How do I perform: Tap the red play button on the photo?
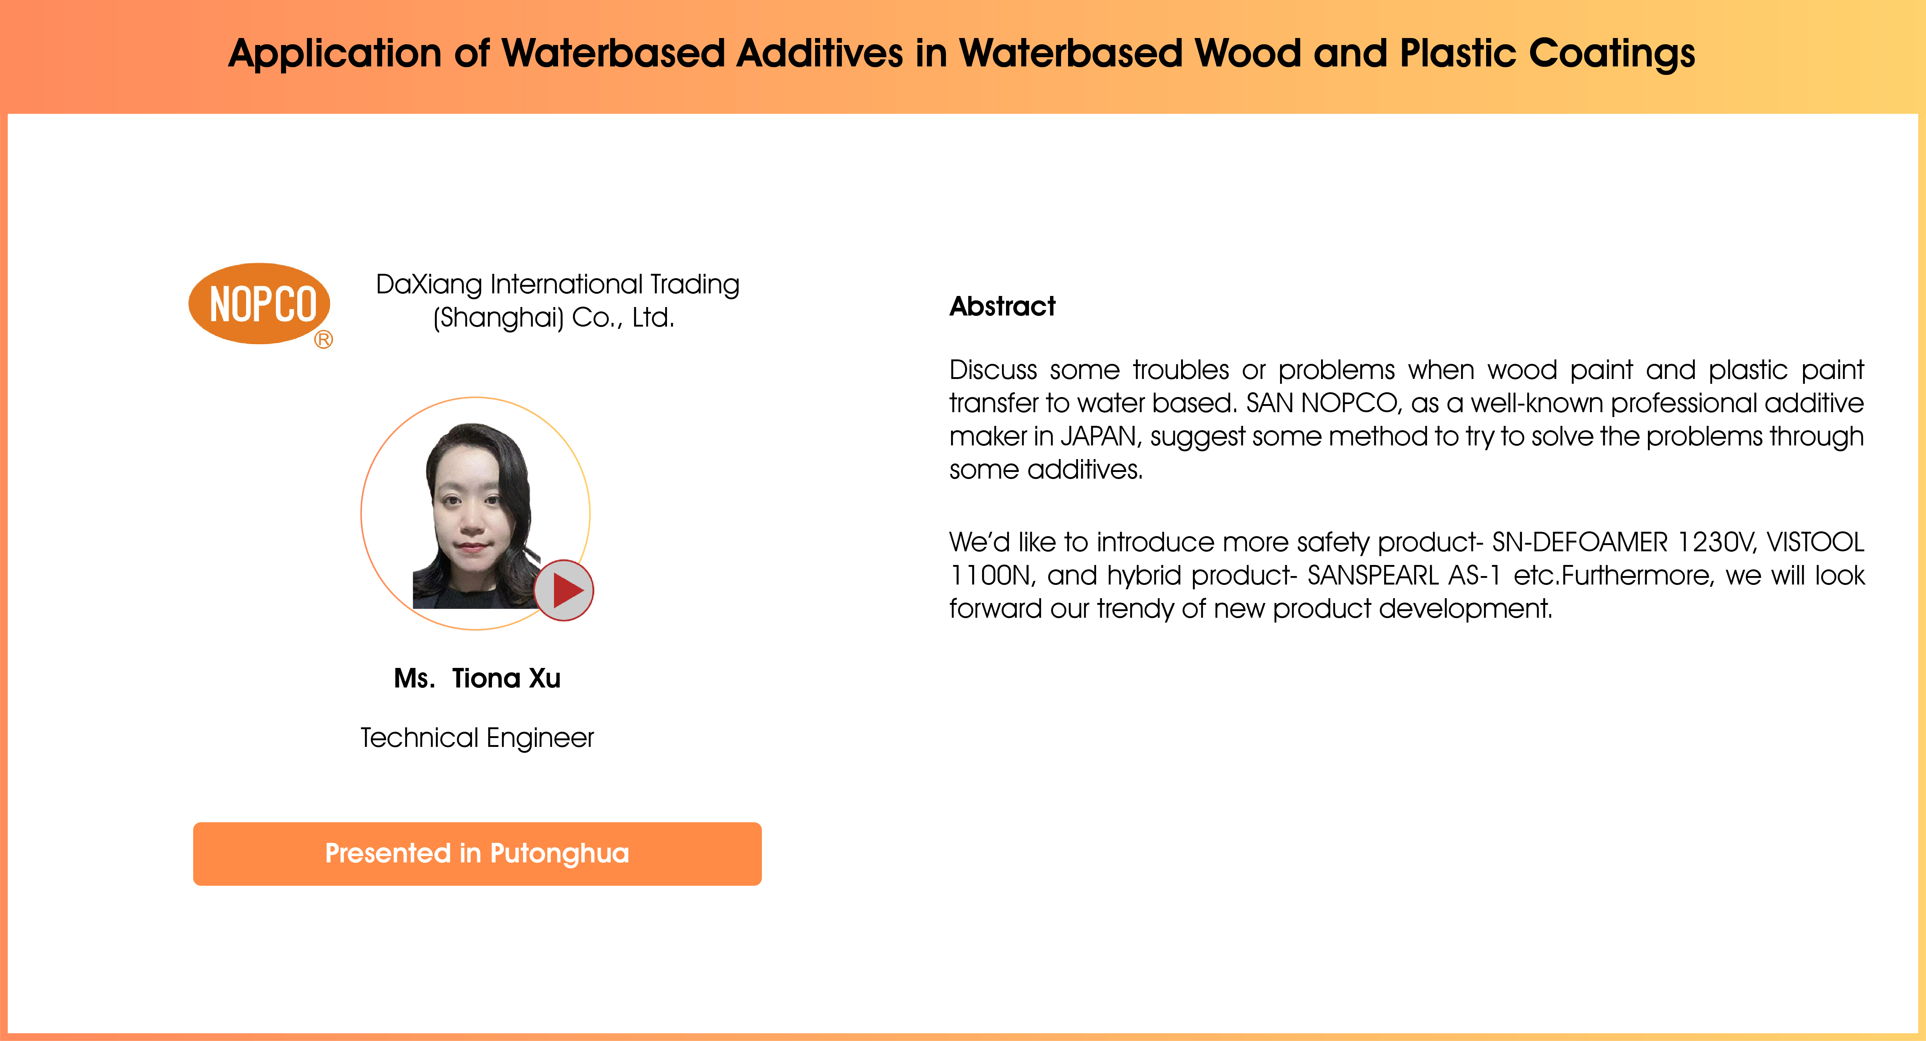(x=564, y=590)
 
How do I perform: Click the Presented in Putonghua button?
(x=477, y=854)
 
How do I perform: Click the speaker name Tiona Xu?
(x=506, y=678)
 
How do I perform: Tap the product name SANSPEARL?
(x=1373, y=575)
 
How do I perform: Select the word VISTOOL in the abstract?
(x=1815, y=542)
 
